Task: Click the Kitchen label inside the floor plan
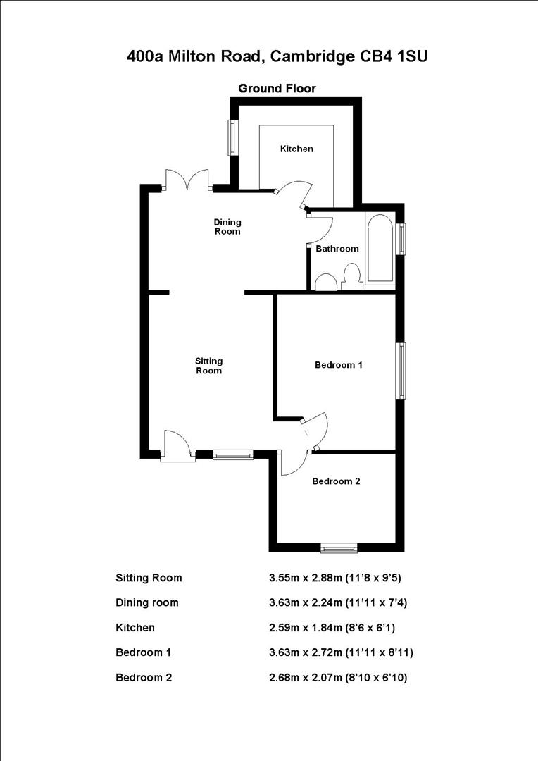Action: pos(296,149)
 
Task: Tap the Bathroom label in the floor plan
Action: pos(337,249)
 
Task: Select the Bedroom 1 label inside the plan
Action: pos(338,365)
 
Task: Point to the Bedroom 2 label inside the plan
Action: pos(336,481)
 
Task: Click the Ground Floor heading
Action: pos(277,88)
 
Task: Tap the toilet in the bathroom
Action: pos(351,277)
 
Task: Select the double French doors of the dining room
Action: pos(187,181)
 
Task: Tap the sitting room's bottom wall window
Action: pos(232,455)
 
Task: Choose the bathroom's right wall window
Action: pos(401,238)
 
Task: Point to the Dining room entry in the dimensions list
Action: pos(147,602)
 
